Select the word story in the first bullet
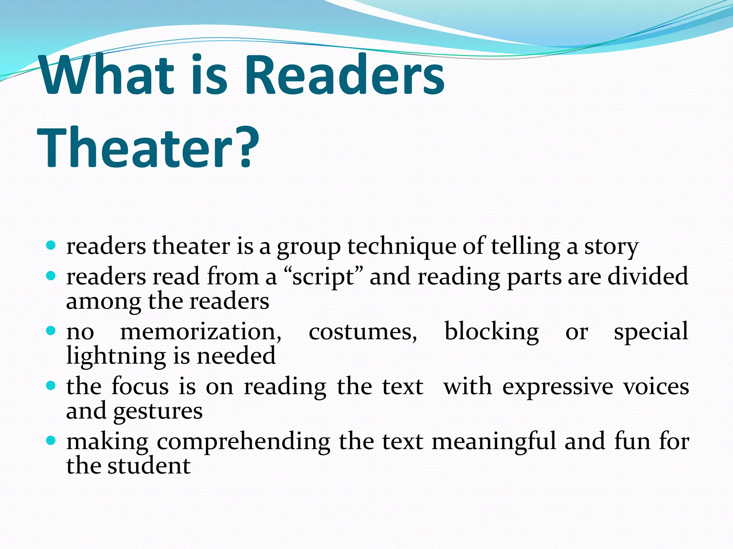coord(611,247)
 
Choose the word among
coord(103,302)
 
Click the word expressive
coord(558,387)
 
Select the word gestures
coord(158,412)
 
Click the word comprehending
coord(243,442)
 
